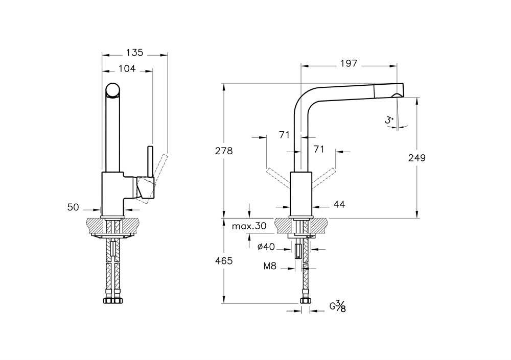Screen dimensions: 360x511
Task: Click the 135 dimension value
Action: [134, 52]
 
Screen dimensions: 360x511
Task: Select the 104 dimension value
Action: [127, 68]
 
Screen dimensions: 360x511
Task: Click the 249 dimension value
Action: [417, 158]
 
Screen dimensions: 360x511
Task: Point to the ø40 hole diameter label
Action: [267, 247]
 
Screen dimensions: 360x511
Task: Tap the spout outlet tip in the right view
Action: [396, 96]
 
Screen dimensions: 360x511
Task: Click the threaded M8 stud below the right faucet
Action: [298, 252]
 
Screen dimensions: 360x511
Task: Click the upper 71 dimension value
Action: [285, 135]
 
